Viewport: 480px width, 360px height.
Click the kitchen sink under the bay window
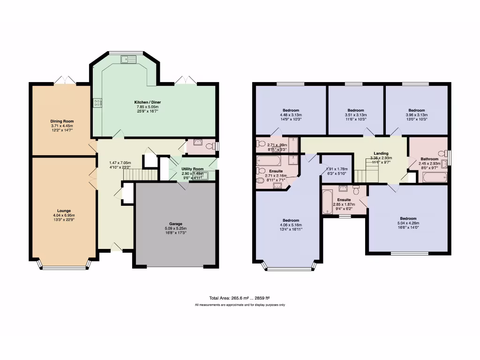127,59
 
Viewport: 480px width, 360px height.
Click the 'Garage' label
176,224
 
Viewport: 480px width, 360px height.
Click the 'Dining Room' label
62,121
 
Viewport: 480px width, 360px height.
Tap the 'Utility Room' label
192,168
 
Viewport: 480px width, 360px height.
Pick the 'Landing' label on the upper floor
381,153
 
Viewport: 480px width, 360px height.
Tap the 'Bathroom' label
429,158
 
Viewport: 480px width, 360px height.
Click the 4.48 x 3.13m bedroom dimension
291,115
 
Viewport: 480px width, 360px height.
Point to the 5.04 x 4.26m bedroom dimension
408,223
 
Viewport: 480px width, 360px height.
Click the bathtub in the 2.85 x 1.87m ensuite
328,201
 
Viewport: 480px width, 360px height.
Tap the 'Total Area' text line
240,298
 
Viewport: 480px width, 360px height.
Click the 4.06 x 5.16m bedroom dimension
291,225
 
